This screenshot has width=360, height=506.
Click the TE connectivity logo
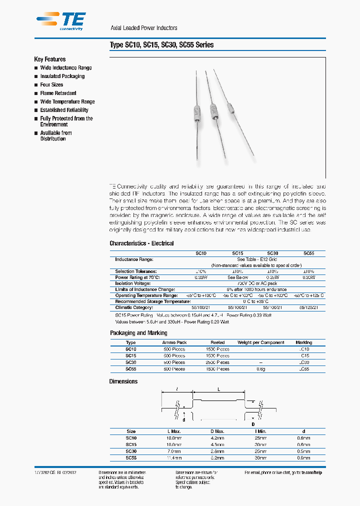click(60, 21)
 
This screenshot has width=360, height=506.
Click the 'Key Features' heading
click(49, 59)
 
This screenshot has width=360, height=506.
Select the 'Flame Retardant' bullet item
click(58, 93)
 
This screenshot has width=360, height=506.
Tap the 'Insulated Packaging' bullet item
click(62, 76)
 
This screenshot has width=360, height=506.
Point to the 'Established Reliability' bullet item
click(64, 110)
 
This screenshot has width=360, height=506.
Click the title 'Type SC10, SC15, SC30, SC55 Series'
click(161, 45)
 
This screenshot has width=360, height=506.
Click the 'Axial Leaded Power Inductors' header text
click(143, 28)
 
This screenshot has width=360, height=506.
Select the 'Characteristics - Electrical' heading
click(141, 243)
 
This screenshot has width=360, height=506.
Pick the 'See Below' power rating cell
click(238, 277)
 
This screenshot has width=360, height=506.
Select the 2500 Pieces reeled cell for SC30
click(217, 362)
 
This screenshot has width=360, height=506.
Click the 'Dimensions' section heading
click(123, 381)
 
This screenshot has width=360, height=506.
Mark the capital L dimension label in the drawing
click(218, 388)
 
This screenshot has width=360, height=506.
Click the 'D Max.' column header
click(217, 431)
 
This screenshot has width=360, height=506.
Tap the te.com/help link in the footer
click(318, 472)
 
